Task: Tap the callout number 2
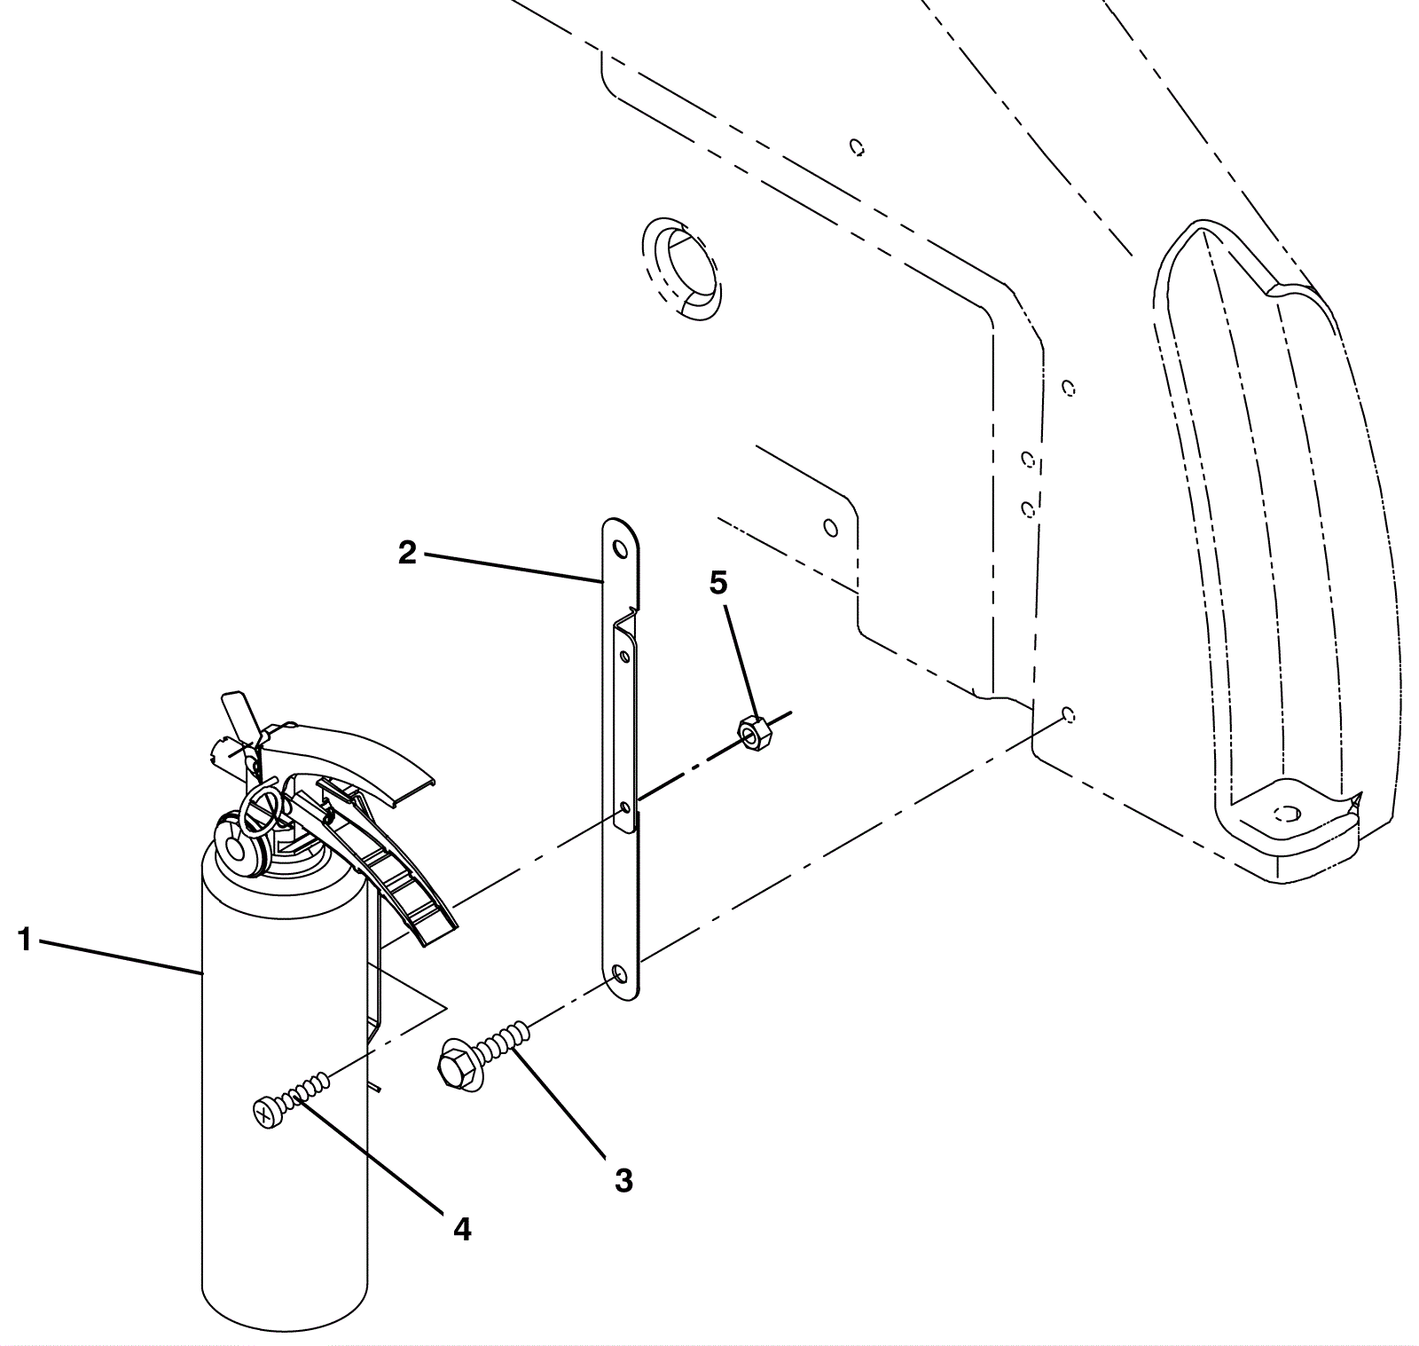(407, 553)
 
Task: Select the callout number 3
(623, 1181)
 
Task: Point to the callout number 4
(462, 1229)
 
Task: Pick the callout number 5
(718, 583)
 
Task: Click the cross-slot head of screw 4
(265, 1114)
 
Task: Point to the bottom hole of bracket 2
(620, 975)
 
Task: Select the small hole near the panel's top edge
(857, 146)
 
